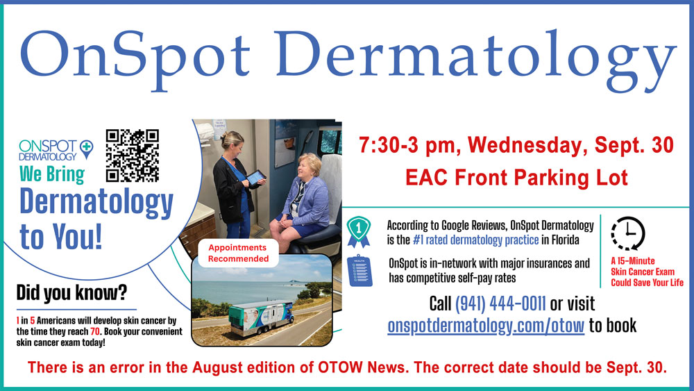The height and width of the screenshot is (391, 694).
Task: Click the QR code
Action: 133,156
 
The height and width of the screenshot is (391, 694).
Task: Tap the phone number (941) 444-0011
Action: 500,303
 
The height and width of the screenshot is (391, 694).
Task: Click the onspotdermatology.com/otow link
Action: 486,326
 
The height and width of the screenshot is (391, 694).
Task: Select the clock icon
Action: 628,233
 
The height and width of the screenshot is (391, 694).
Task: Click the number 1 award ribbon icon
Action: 359,231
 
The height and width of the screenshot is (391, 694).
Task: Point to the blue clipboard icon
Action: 359,270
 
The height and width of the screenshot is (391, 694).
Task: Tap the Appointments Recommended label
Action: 238,253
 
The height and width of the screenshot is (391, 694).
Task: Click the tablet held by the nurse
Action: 256,177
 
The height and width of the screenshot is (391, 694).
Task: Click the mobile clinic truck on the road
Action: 261,317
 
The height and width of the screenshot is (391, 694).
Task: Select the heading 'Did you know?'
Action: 71,292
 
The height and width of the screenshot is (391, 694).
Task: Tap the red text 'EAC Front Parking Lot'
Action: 516,178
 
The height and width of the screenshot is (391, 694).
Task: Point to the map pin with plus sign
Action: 86,149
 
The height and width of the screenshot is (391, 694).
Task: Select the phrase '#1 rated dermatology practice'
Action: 476,240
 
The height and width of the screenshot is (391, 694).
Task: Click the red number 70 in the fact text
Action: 95,332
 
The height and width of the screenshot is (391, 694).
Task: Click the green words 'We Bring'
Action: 52,174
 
